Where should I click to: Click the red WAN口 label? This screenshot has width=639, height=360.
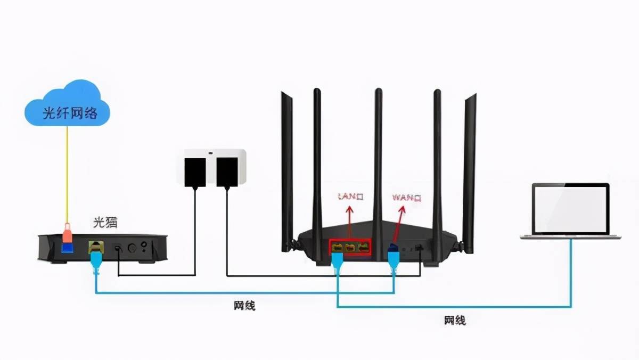[407, 198]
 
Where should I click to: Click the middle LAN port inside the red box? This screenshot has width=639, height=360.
[350, 247]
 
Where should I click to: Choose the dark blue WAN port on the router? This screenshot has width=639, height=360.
[393, 248]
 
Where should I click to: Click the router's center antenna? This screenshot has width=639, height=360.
[379, 160]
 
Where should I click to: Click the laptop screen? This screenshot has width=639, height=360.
[570, 209]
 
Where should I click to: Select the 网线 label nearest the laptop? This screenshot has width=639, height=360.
[455, 321]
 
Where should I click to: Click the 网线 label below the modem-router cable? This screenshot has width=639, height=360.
[244, 306]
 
